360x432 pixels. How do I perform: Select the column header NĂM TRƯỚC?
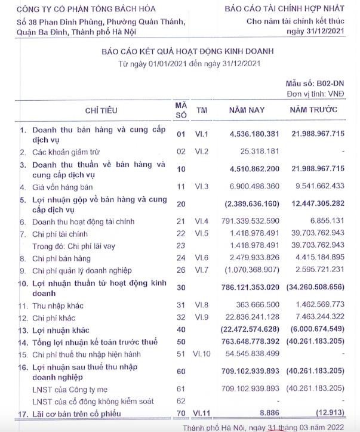pyautogui.click(x=313, y=110)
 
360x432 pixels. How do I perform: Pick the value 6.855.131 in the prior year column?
pyautogui.click(x=325, y=222)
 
